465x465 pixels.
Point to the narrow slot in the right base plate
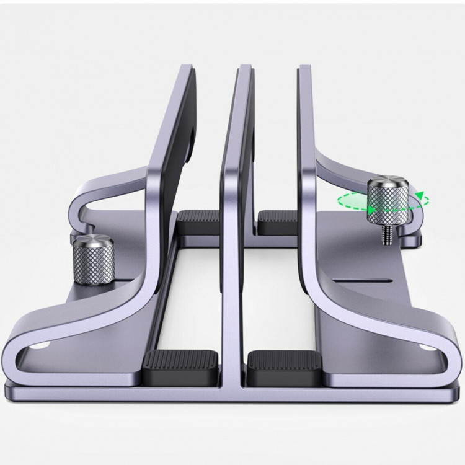[x=362, y=280]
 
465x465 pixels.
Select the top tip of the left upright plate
[x=187, y=67]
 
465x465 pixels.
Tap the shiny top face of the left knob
[x=93, y=241]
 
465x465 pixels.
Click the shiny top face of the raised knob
[x=387, y=184]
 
